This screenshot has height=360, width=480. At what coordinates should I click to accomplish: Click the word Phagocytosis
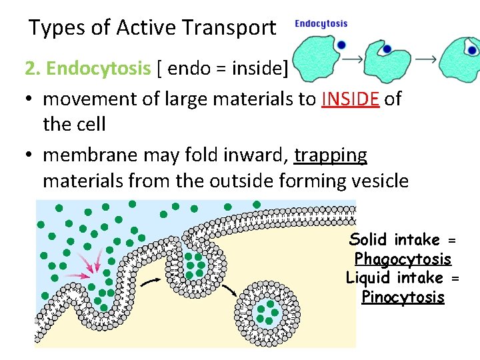point(403,259)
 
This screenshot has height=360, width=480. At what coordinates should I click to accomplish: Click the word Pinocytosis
point(403,297)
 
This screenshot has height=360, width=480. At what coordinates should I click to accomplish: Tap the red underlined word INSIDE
point(351,99)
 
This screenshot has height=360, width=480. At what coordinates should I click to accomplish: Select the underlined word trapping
point(331,155)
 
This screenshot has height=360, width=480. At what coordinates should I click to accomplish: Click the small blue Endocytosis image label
point(321,23)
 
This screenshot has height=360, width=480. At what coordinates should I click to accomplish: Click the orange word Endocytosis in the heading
point(99,69)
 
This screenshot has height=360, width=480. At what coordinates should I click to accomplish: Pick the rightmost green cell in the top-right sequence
point(464,56)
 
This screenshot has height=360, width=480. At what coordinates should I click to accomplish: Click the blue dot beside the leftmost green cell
point(341,45)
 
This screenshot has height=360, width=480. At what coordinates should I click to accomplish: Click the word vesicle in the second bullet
point(378,181)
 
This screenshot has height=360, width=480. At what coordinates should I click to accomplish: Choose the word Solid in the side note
point(369,239)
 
